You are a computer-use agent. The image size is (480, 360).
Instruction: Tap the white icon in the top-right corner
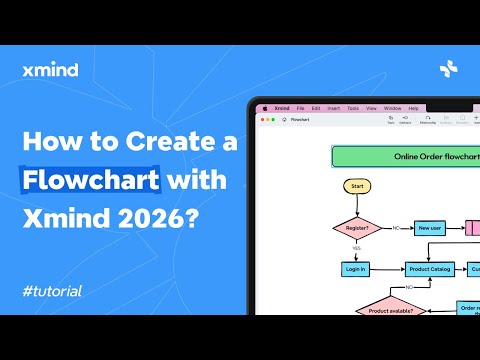pyautogui.click(x=449, y=69)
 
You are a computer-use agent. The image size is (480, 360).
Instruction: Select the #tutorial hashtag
pyautogui.click(x=51, y=291)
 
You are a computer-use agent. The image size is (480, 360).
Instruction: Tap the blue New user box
pyautogui.click(x=430, y=228)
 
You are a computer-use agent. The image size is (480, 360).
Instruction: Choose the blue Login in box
pyautogui.click(x=355, y=269)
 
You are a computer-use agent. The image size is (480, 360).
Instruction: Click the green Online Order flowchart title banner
pyautogui.click(x=406, y=156)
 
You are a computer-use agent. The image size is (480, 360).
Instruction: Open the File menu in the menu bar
pyautogui.click(x=299, y=107)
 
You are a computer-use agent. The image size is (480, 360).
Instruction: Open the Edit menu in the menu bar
pyautogui.click(x=316, y=107)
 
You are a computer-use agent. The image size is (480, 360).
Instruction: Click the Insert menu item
pyautogui.click(x=334, y=107)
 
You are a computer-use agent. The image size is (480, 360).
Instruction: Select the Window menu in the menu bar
pyautogui.click(x=392, y=107)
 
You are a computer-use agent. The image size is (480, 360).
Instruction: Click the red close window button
pyautogui.click(x=261, y=119)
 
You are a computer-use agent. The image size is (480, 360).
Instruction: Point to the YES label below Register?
pyautogui.click(x=356, y=248)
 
